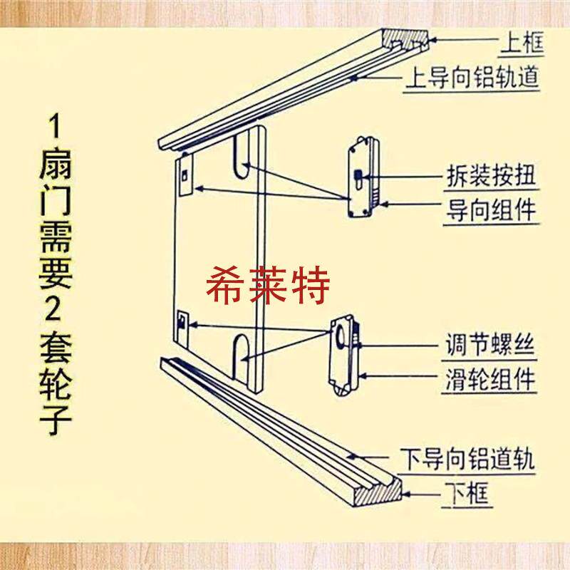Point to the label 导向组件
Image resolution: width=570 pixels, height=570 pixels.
tap(491, 212)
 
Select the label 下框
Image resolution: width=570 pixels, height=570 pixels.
tap(467, 492)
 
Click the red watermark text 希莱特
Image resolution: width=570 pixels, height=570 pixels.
tap(268, 286)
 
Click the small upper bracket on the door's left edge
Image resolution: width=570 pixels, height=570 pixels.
tap(184, 175)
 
